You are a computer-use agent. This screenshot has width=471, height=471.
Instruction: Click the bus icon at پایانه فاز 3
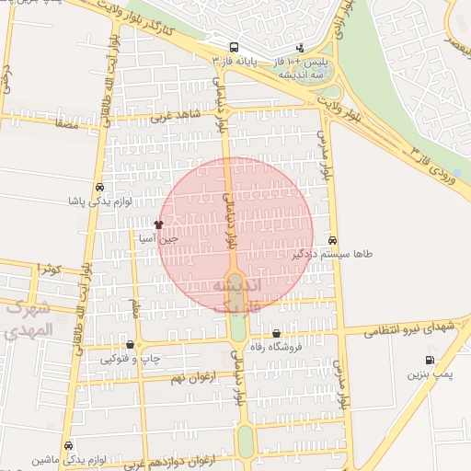(x=235, y=48)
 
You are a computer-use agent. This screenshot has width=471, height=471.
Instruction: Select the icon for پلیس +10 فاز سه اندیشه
(x=300, y=48)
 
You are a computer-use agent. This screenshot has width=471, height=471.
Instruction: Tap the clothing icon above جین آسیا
(x=158, y=224)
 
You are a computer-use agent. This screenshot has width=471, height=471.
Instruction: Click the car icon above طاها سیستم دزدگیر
(x=332, y=240)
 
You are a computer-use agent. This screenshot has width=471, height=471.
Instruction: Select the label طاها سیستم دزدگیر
(x=333, y=253)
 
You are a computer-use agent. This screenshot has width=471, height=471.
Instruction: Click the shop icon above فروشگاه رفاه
(x=277, y=334)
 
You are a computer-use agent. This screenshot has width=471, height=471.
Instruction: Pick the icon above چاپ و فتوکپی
(x=129, y=345)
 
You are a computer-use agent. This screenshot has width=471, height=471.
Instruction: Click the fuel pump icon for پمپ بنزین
(x=430, y=360)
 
